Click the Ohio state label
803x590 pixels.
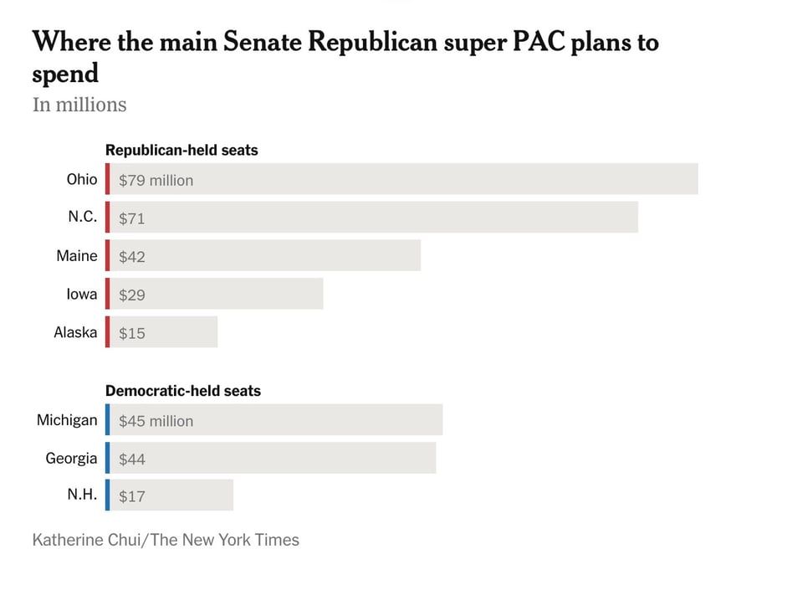82,179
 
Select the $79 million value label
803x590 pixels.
156,180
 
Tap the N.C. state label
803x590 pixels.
83,218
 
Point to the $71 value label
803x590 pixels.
132,218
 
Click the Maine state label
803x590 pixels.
77,256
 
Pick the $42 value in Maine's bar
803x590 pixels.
132,257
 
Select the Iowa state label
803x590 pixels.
82,294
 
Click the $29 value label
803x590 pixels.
132,295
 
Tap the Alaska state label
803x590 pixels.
75,332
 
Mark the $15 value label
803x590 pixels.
132,333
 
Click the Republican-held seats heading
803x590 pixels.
182,151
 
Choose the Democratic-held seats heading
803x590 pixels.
183,391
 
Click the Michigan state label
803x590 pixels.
67,420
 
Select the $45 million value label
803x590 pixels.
156,421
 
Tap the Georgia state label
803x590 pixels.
71,459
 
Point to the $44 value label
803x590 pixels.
132,459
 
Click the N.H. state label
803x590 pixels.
83,495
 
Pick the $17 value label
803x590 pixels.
132,496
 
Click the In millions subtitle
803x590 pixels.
79,105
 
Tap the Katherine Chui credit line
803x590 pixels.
166,540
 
